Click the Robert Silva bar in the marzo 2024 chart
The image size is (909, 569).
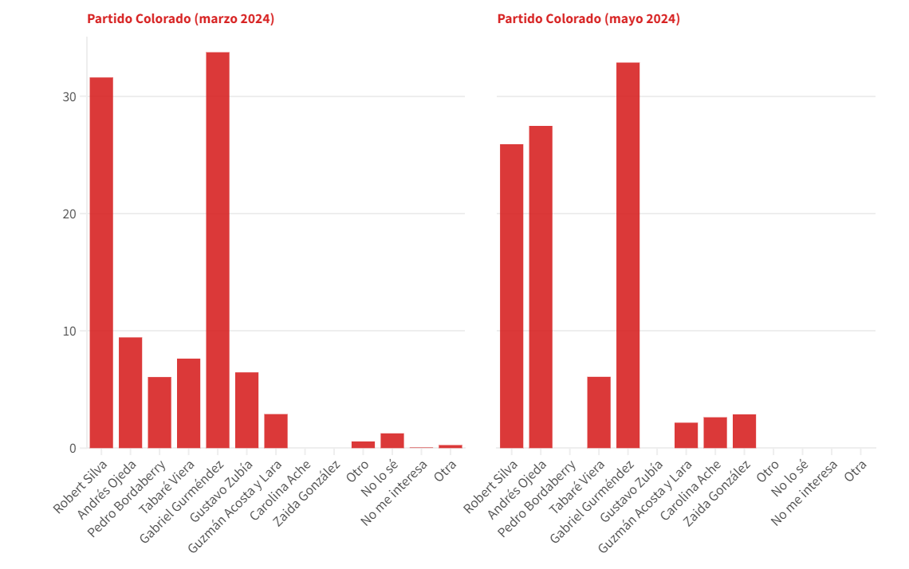click(x=101, y=263)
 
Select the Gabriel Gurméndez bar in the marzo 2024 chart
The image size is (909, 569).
click(x=218, y=250)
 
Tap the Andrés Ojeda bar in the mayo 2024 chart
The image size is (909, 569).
click(x=541, y=287)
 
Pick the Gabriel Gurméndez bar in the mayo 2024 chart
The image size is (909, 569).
click(x=628, y=255)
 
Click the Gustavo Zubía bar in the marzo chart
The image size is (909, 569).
click(x=246, y=410)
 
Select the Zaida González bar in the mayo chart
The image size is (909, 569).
click(x=744, y=431)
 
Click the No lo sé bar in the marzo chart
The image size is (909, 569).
click(x=392, y=441)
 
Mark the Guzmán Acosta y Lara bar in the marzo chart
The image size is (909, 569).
click(x=276, y=431)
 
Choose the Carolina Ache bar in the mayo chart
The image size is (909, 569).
click(x=715, y=433)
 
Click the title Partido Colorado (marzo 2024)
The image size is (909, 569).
click(x=180, y=19)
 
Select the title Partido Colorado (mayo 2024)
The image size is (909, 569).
click(x=588, y=19)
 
